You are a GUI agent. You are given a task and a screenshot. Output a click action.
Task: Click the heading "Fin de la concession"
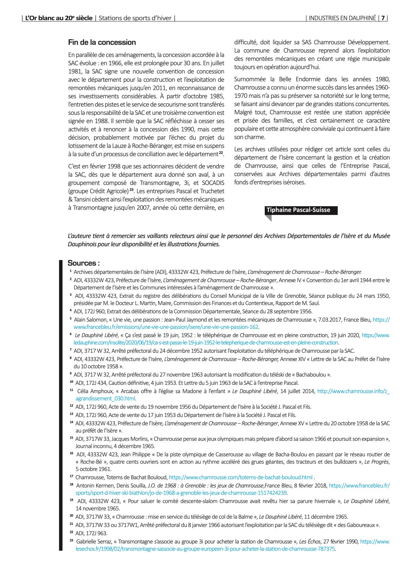point(102,42)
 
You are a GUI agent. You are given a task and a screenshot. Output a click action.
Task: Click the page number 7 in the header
point(383,18)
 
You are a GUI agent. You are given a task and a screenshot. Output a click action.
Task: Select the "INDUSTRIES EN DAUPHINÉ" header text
point(342,18)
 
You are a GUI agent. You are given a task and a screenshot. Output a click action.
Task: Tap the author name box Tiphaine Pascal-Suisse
point(299,210)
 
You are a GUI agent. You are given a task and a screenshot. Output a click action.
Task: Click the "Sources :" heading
point(84,263)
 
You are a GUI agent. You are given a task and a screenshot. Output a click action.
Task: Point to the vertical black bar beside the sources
point(61,405)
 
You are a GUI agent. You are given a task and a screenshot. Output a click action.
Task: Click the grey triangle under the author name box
point(269,218)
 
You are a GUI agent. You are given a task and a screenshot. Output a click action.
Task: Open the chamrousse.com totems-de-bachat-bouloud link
point(241,477)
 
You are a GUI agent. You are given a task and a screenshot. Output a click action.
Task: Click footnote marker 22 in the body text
point(221,153)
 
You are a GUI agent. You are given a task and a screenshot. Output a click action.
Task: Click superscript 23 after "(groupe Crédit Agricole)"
point(132,190)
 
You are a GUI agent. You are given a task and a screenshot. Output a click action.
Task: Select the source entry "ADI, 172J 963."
point(91,533)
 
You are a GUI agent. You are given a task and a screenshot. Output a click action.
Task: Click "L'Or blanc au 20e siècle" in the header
point(59,18)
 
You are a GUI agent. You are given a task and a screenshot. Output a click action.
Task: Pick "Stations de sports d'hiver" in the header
point(135,18)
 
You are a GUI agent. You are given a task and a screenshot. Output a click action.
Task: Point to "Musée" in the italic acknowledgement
point(381,236)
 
